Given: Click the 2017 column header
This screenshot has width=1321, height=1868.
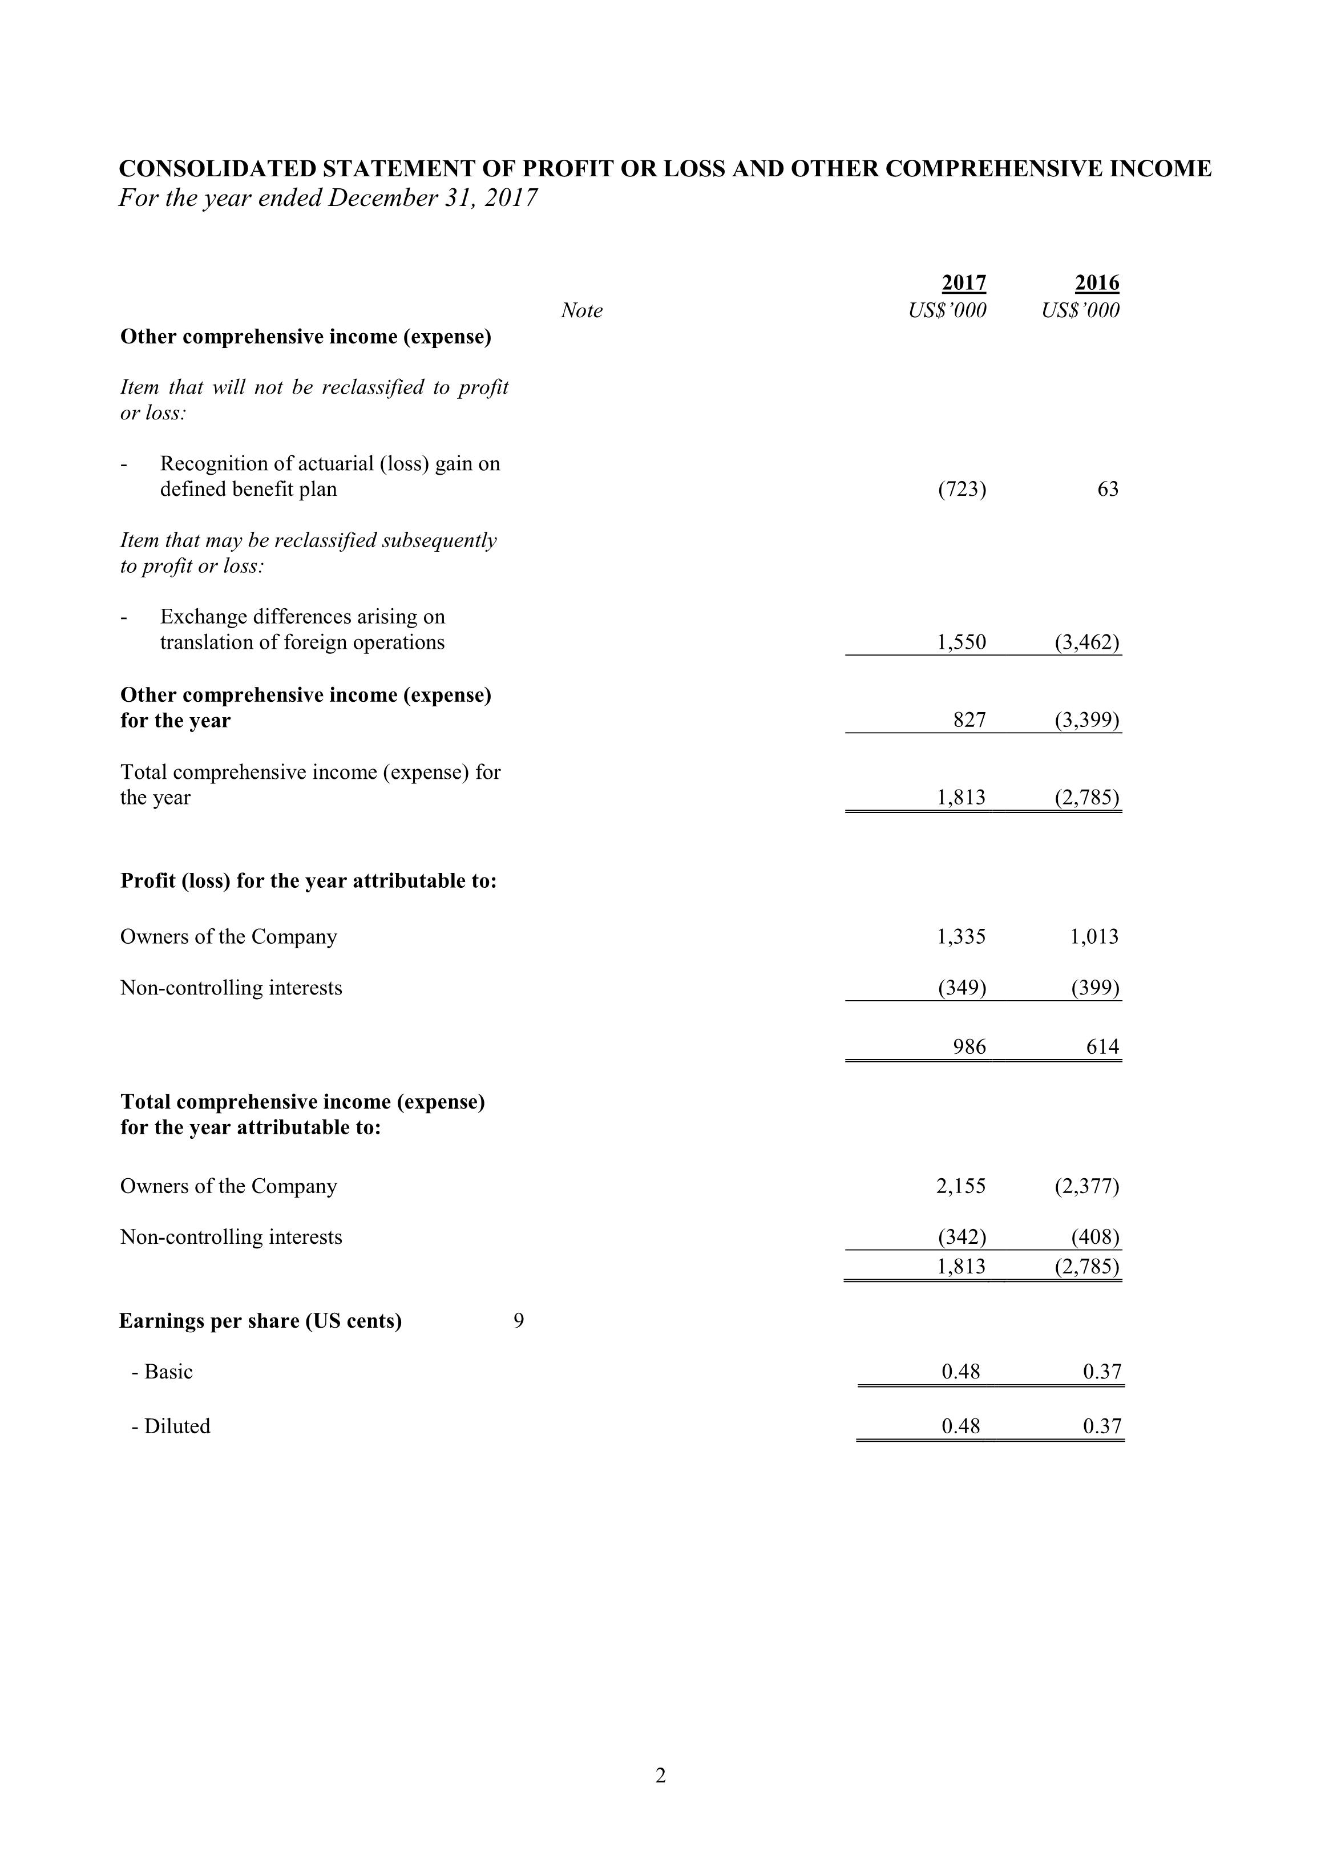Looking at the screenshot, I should tap(964, 283).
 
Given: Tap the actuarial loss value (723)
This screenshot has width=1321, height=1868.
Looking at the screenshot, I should tap(962, 489).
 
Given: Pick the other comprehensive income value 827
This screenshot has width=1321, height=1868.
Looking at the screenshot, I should tap(969, 720).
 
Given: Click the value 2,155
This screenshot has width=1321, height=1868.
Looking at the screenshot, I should tap(962, 1186).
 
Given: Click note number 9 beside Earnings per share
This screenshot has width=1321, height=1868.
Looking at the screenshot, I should tap(519, 1320).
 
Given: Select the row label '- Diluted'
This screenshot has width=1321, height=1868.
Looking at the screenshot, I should tap(171, 1426).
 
